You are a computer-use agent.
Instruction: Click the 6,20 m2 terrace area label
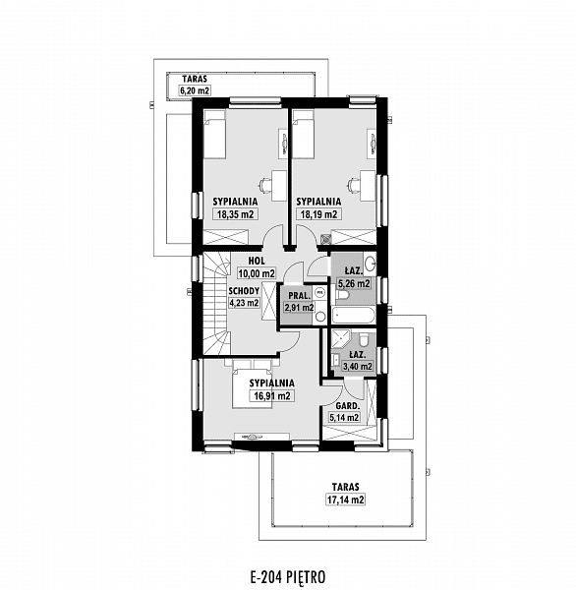tap(195, 90)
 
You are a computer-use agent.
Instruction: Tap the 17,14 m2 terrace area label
tap(345, 500)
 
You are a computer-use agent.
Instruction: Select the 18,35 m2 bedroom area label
tap(236, 214)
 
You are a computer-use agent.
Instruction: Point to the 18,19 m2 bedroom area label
tap(318, 214)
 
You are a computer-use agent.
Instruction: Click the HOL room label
tap(257, 261)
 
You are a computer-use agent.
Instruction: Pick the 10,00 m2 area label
tap(257, 273)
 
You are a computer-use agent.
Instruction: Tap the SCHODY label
tap(244, 291)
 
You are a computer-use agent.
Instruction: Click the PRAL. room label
tap(300, 295)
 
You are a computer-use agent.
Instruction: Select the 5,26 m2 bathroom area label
tap(354, 283)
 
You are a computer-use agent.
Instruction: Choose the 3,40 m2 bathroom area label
tap(358, 366)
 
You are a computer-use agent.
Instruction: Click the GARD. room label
tap(348, 406)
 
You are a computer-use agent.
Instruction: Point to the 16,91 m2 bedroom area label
tap(271, 396)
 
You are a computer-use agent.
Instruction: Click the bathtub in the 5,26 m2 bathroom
tap(354, 316)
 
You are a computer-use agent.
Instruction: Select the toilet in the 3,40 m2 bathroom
tap(364, 339)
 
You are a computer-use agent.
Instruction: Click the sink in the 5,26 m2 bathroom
tap(370, 264)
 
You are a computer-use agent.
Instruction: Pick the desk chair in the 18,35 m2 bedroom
tap(264, 185)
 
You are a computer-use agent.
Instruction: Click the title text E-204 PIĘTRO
tap(288, 576)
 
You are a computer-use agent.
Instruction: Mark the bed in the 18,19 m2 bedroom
tap(304, 133)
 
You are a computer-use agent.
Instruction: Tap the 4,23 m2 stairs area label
tap(244, 303)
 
